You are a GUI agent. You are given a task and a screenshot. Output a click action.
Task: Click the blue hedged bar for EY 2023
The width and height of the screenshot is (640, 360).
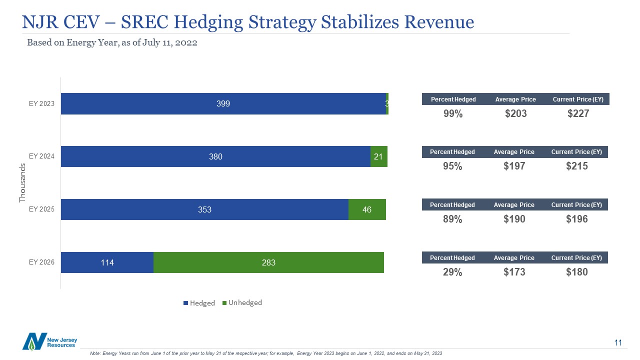[x=223, y=103]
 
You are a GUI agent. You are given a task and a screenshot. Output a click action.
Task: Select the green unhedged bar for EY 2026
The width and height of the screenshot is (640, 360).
[x=268, y=262]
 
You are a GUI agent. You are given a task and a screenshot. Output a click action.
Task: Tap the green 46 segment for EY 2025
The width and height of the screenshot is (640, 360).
[x=367, y=209]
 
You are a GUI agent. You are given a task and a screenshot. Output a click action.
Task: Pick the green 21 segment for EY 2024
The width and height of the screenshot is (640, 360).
[x=378, y=156]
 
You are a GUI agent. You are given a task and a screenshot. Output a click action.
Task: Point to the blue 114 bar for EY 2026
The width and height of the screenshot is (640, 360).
[x=107, y=262]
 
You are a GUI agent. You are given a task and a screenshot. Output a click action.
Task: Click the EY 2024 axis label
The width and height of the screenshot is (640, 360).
[x=41, y=156]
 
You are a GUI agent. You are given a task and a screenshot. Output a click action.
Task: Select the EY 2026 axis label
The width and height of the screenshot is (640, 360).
[x=41, y=262]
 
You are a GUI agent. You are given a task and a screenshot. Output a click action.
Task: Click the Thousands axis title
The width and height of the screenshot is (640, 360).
[x=22, y=182]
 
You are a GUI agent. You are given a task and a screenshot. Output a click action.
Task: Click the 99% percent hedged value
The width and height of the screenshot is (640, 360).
[x=453, y=114]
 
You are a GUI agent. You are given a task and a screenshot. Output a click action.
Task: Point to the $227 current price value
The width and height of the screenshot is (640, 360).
[x=578, y=114]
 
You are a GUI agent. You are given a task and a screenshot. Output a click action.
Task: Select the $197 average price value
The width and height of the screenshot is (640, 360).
[x=514, y=166]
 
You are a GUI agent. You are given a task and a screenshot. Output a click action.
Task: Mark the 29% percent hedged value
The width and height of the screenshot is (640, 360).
[x=452, y=272]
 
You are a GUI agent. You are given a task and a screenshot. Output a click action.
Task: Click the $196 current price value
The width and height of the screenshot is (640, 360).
[x=577, y=219]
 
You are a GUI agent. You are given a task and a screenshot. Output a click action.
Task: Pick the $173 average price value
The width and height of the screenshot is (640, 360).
[x=514, y=272]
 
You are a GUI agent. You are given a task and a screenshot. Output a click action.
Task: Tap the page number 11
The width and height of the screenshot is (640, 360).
[x=618, y=342]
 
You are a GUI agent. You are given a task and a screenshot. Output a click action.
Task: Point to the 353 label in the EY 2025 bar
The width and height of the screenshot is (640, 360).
[x=204, y=209]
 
